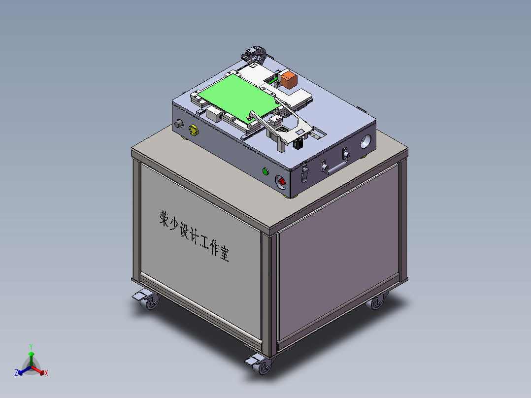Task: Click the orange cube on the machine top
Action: pos(288,80)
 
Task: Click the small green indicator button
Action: pos(265,171)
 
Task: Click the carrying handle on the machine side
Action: pos(336,167)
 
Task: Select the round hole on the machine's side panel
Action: pos(366,141)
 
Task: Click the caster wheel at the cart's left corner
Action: pos(150,301)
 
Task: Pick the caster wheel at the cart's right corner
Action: pos(377,302)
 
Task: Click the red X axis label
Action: pos(46,373)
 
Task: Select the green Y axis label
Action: pos(31,346)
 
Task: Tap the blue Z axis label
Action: pos(16,373)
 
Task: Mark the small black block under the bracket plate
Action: pos(297,144)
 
